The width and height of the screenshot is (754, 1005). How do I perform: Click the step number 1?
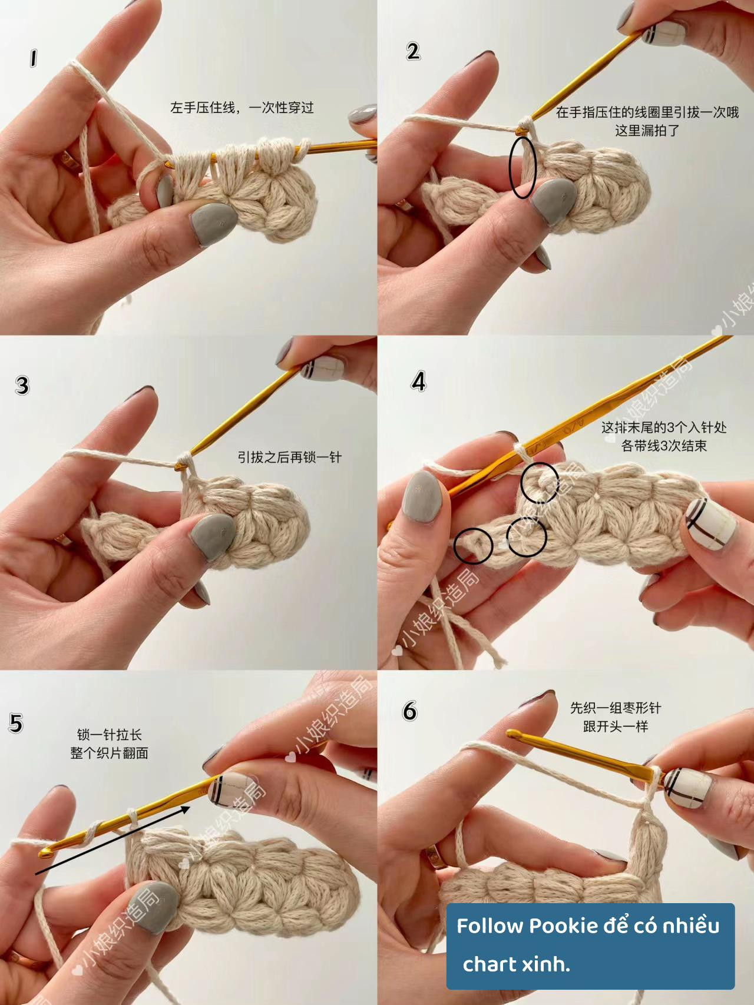[x=33, y=58]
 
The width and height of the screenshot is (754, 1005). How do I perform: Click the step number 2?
[x=413, y=51]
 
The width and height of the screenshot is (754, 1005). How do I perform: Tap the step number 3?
[x=22, y=386]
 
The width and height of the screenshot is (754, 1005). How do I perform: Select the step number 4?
[x=418, y=382]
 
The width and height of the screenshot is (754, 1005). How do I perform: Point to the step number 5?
[x=16, y=723]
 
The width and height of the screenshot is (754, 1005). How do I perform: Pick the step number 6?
[x=410, y=711]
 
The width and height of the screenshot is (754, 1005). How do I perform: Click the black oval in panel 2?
[x=522, y=168]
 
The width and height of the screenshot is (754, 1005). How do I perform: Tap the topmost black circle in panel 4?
[x=540, y=482]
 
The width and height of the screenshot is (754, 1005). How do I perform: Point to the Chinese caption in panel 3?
[x=289, y=457]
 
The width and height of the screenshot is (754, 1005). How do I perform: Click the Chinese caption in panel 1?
[x=242, y=108]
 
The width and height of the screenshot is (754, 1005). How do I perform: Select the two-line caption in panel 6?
[x=615, y=717]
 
